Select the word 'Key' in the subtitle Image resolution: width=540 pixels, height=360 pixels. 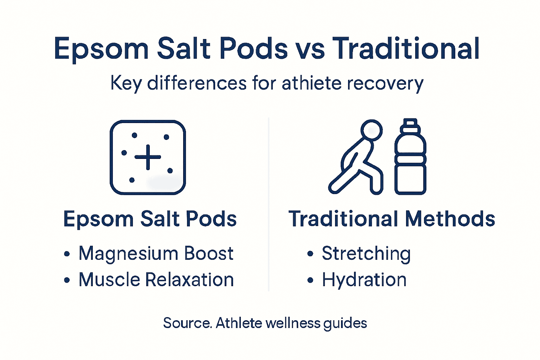126,84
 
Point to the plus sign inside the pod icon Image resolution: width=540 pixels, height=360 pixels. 148,157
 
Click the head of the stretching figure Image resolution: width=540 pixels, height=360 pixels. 372,130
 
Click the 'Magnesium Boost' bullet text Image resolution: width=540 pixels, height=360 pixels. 156,253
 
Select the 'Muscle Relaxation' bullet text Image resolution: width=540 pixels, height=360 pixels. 156,280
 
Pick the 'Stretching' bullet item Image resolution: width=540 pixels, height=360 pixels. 366,253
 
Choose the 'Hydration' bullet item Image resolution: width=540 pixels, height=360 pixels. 364,280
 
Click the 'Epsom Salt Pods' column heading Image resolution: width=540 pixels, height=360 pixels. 150,219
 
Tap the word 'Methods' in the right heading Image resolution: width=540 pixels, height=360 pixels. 450,219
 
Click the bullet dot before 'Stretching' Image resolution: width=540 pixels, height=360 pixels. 310,253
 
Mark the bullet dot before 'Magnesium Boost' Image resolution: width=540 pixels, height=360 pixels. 67,253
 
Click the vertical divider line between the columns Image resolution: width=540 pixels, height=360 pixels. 269,204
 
